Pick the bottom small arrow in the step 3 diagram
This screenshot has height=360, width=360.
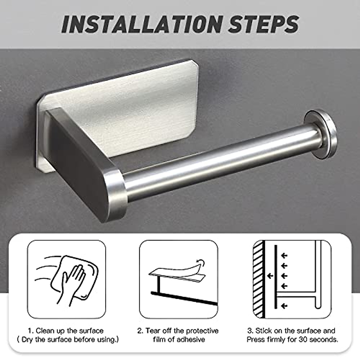pyautogui.click(x=283, y=306)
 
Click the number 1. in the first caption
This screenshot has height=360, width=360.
pyautogui.click(x=31, y=331)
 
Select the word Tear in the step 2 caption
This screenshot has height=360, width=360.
pyautogui.click(x=153, y=331)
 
